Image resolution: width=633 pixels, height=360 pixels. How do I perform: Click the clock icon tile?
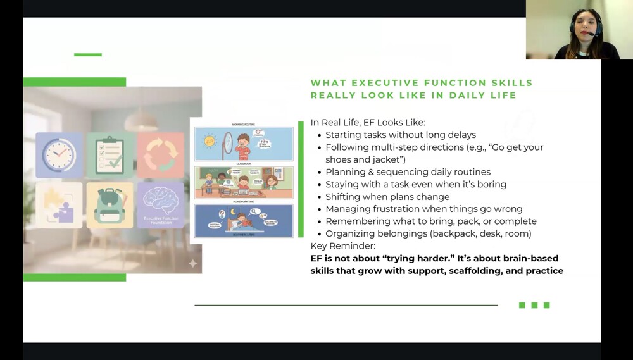pos(59,155)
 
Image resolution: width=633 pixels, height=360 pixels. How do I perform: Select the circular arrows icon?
pos(161,155)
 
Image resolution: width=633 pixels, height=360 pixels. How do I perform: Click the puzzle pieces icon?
pos(59,205)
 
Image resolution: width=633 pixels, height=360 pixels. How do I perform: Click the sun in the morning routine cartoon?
pos(208,140)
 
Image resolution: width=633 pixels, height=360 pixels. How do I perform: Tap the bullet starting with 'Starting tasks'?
pos(400,135)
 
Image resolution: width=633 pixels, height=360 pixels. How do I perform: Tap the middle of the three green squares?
pos(534,306)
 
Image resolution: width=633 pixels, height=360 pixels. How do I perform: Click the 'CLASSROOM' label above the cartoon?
pos(243,163)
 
